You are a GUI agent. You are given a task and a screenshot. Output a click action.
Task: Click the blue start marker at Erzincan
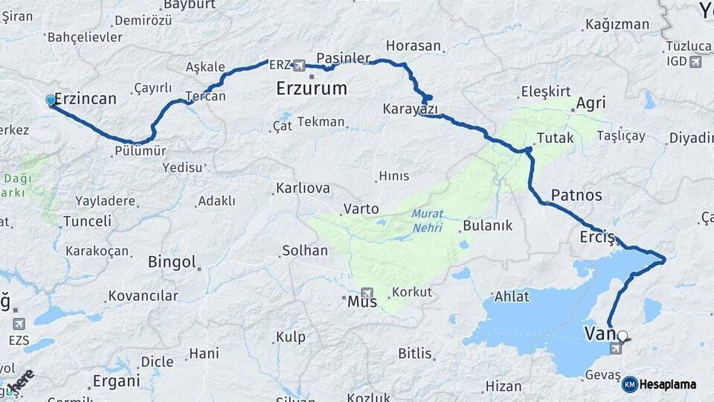pos(50,100)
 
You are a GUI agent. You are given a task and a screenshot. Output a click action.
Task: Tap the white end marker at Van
pos(623,336)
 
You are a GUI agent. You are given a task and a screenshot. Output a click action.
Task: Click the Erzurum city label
pos(311,88)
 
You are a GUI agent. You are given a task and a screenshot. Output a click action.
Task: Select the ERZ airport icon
pos(299,65)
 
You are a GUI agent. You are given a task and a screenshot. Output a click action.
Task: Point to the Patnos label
pos(576,195)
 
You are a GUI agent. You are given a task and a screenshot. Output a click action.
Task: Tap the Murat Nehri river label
pos(428,220)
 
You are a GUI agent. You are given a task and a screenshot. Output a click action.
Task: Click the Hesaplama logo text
pos(669,384)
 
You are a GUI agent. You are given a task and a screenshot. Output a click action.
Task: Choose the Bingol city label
pos(172,262)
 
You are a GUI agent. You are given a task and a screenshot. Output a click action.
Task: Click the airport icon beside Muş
pos(366,293)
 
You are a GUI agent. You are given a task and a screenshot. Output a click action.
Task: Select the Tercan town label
pos(205,97)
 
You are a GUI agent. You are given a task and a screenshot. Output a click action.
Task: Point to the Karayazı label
pos(410,109)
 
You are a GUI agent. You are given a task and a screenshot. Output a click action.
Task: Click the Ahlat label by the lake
pos(512,296)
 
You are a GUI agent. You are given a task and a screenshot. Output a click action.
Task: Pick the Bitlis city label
pos(415,353)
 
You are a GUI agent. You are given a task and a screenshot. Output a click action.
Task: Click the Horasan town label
pos(414,45)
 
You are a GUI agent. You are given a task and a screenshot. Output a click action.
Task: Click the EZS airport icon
pos(18,324)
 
